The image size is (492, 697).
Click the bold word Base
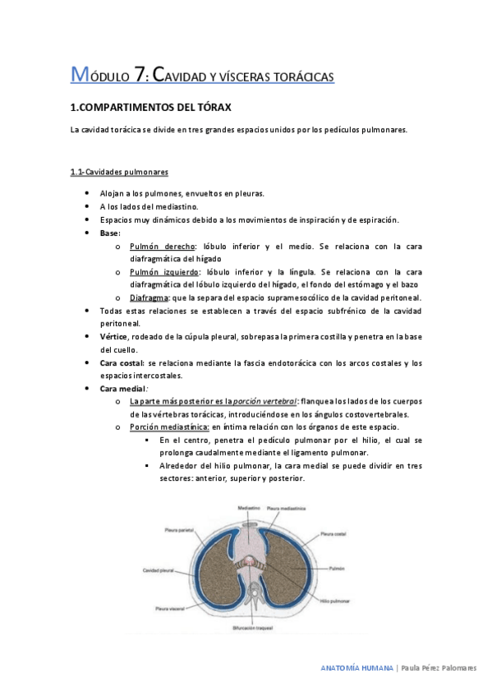click(109, 233)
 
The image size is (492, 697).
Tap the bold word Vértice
click(113, 336)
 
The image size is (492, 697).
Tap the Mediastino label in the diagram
click(250, 508)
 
